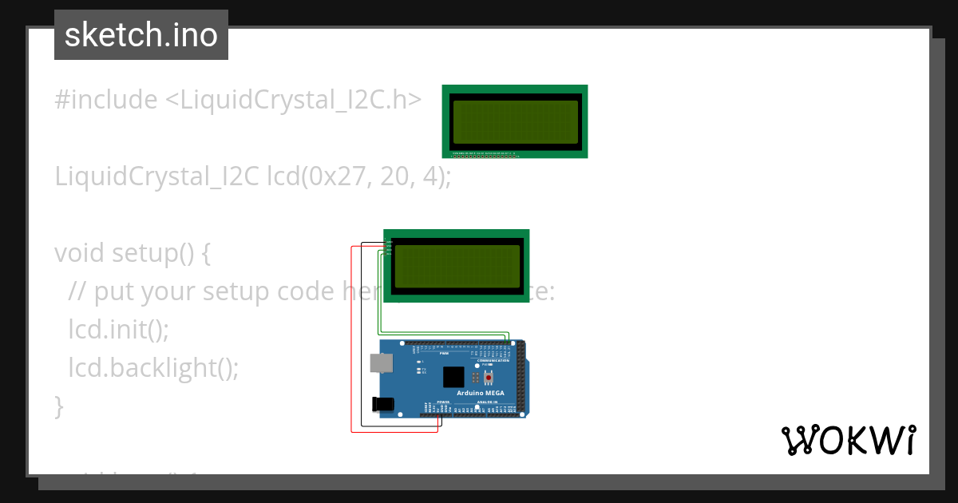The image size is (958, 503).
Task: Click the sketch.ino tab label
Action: pyautogui.click(x=141, y=35)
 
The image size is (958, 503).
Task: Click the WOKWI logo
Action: pyautogui.click(x=848, y=440)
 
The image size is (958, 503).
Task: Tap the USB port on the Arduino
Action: pyautogui.click(x=381, y=363)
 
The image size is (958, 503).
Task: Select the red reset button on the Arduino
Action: pyautogui.click(x=489, y=377)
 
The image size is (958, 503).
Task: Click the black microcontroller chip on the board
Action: pyautogui.click(x=453, y=377)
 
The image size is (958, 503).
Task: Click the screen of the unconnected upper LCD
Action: pyautogui.click(x=514, y=121)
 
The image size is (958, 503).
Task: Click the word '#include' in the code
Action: pyautogui.click(x=105, y=100)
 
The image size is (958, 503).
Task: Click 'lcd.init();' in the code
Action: pyautogui.click(x=119, y=329)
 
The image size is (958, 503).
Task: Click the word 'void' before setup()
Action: pyautogui.click(x=80, y=253)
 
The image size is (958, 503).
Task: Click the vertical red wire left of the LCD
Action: pyautogui.click(x=352, y=335)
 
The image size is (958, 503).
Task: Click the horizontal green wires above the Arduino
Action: pyautogui.click(x=443, y=332)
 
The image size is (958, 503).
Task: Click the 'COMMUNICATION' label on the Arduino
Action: pyautogui.click(x=493, y=361)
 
